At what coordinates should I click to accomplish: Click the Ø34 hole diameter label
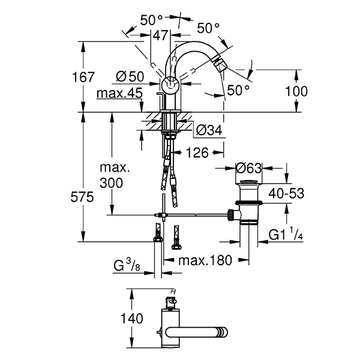coord(208,130)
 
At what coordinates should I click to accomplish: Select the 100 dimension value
coord(296,91)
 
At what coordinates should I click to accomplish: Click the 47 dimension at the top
coord(160,35)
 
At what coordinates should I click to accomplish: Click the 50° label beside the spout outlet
coord(238,90)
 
